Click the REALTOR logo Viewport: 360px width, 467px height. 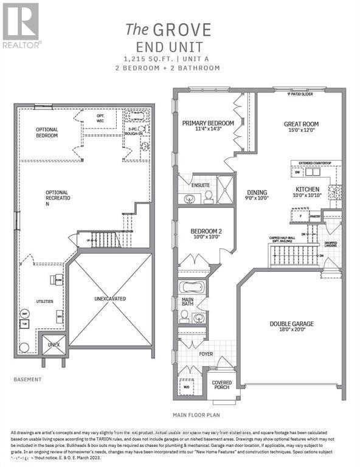[22, 25]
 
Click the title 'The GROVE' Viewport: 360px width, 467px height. [168, 29]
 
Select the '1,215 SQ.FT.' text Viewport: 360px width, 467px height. [145, 58]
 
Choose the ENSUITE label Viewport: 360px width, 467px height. [201, 185]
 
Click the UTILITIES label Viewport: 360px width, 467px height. [44, 301]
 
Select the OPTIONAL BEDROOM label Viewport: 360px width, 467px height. [47, 132]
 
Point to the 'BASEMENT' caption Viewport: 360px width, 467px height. [27, 380]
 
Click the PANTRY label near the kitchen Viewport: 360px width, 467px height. [314, 215]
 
